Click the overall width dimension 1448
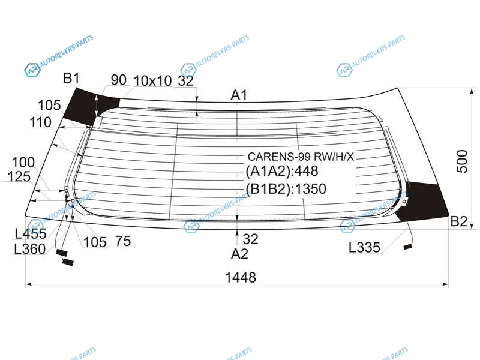tap(241, 277)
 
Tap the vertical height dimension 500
tap(462, 161)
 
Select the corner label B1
tap(71, 78)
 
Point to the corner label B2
tap(459, 221)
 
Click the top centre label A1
tap(238, 95)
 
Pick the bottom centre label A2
tap(239, 254)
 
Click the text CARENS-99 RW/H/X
tap(301, 157)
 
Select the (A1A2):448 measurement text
tap(282, 171)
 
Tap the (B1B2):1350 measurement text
tap(286, 188)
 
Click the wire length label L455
tap(31, 234)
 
